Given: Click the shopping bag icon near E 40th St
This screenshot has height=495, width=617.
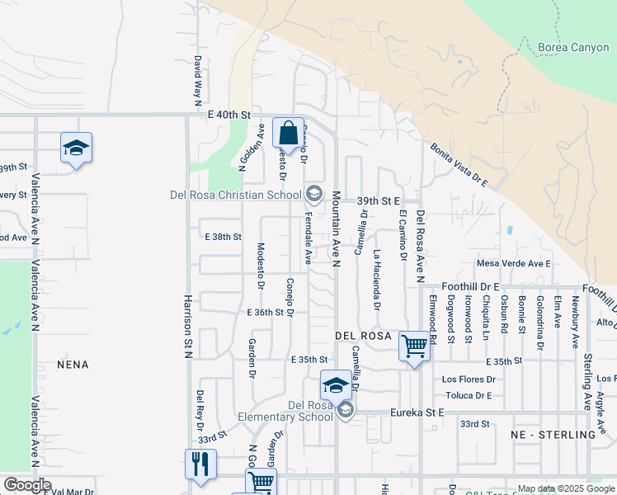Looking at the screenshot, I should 288,133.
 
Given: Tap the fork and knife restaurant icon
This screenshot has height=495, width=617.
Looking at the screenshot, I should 200,464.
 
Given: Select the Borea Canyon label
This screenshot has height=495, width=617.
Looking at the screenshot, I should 572,48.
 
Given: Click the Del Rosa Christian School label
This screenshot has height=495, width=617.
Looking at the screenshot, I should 236,196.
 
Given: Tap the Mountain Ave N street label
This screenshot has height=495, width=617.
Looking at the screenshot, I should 337,229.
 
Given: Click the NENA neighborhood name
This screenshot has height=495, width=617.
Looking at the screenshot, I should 72,364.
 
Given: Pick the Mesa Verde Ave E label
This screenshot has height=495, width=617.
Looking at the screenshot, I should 513,263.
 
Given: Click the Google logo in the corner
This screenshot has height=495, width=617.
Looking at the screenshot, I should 27,485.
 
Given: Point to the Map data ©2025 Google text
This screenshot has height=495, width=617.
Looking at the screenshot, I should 565,488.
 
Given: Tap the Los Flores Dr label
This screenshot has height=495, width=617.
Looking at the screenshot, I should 468,379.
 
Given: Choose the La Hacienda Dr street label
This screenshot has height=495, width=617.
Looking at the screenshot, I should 376,279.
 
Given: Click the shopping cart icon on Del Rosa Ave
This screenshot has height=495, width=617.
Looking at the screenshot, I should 413,346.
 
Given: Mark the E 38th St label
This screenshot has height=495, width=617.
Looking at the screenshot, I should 223,237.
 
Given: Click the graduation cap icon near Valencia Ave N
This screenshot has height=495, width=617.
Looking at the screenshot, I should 76,148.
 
